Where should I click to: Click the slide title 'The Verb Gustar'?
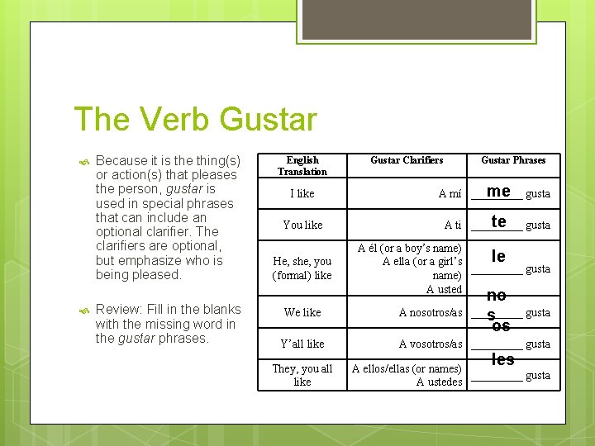[195, 120]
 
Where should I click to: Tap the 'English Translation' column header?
[302, 166]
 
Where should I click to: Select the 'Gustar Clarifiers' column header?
[407, 160]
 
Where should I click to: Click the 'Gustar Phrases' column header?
[513, 160]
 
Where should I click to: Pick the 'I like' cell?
[302, 194]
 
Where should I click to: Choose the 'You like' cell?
[302, 225]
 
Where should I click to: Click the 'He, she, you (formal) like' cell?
[302, 268]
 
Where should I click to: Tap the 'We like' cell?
[302, 313]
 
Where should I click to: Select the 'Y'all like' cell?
[302, 344]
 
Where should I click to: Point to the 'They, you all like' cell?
[302, 375]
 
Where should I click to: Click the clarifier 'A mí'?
[450, 194]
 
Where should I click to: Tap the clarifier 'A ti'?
[453, 225]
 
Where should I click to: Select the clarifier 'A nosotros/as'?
[431, 313]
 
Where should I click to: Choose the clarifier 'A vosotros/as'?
[431, 344]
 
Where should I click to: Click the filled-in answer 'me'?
[498, 191]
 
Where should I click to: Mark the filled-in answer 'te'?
[498, 221]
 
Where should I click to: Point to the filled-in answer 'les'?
[502, 359]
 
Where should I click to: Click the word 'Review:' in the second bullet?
[119, 310]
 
